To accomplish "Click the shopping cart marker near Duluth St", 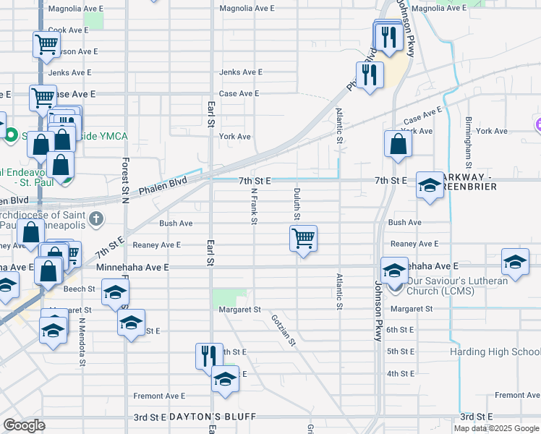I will pyautogui.click(x=304, y=238).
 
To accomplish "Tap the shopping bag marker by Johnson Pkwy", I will pyautogui.click(x=398, y=144).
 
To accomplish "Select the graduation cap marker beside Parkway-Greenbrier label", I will pyautogui.click(x=430, y=187).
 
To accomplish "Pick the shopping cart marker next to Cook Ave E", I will pyautogui.click(x=46, y=44).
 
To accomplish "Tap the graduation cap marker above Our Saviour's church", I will pyautogui.click(x=394, y=271).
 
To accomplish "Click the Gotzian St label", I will pyautogui.click(x=284, y=330).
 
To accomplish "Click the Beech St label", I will pyautogui.click(x=80, y=289).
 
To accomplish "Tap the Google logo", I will pyautogui.click(x=24, y=425).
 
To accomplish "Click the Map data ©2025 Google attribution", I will pyautogui.click(x=495, y=428).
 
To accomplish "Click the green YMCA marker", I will pyautogui.click(x=11, y=135).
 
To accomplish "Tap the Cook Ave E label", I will pyautogui.click(x=68, y=30).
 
